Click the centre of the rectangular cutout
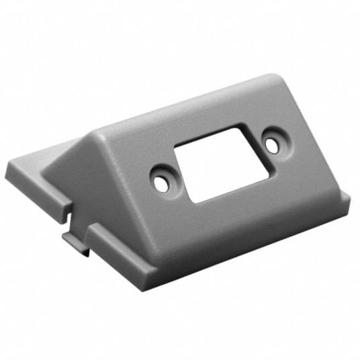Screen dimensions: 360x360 (x=216, y=161)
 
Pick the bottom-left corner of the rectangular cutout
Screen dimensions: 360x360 (x=191, y=199)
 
